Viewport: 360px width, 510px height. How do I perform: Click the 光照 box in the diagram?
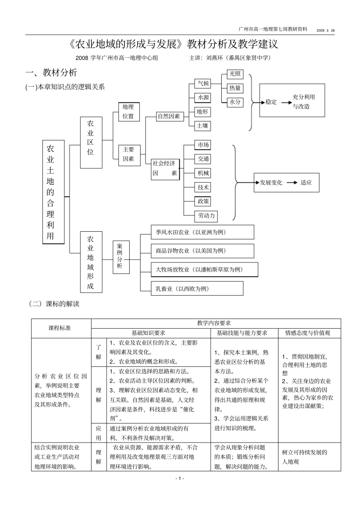pyautogui.click(x=235, y=74)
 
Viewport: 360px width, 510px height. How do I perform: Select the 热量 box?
pyautogui.click(x=235, y=88)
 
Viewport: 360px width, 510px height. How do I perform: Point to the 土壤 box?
pyautogui.click(x=202, y=126)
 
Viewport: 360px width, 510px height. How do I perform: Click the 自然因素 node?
pyautogui.click(x=169, y=116)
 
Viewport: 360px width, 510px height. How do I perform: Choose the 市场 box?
pyautogui.click(x=203, y=145)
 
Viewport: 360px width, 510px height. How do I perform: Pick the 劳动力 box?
pyautogui.click(x=207, y=216)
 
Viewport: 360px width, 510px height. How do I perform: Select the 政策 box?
pyautogui.click(x=203, y=201)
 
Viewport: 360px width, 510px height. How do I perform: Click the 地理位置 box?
pyautogui.click(x=128, y=111)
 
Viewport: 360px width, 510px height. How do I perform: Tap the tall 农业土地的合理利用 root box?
pyautogui.click(x=53, y=192)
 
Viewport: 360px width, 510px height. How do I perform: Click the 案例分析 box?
pyautogui.click(x=120, y=256)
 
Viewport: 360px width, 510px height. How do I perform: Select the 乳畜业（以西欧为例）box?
pyautogui.click(x=197, y=289)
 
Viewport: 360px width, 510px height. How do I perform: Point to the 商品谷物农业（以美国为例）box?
pyautogui.click(x=202, y=251)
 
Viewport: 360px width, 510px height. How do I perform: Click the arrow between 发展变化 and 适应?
pyautogui.click(x=292, y=182)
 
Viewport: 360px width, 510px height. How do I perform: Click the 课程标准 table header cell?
pyautogui.click(x=61, y=328)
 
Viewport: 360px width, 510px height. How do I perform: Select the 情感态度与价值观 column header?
pyautogui.click(x=309, y=333)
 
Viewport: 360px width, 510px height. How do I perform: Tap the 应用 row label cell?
pyautogui.click(x=99, y=433)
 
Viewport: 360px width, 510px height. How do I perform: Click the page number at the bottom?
pyautogui.click(x=180, y=479)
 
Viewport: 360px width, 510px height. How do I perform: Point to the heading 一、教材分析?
pyautogui.click(x=51, y=72)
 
